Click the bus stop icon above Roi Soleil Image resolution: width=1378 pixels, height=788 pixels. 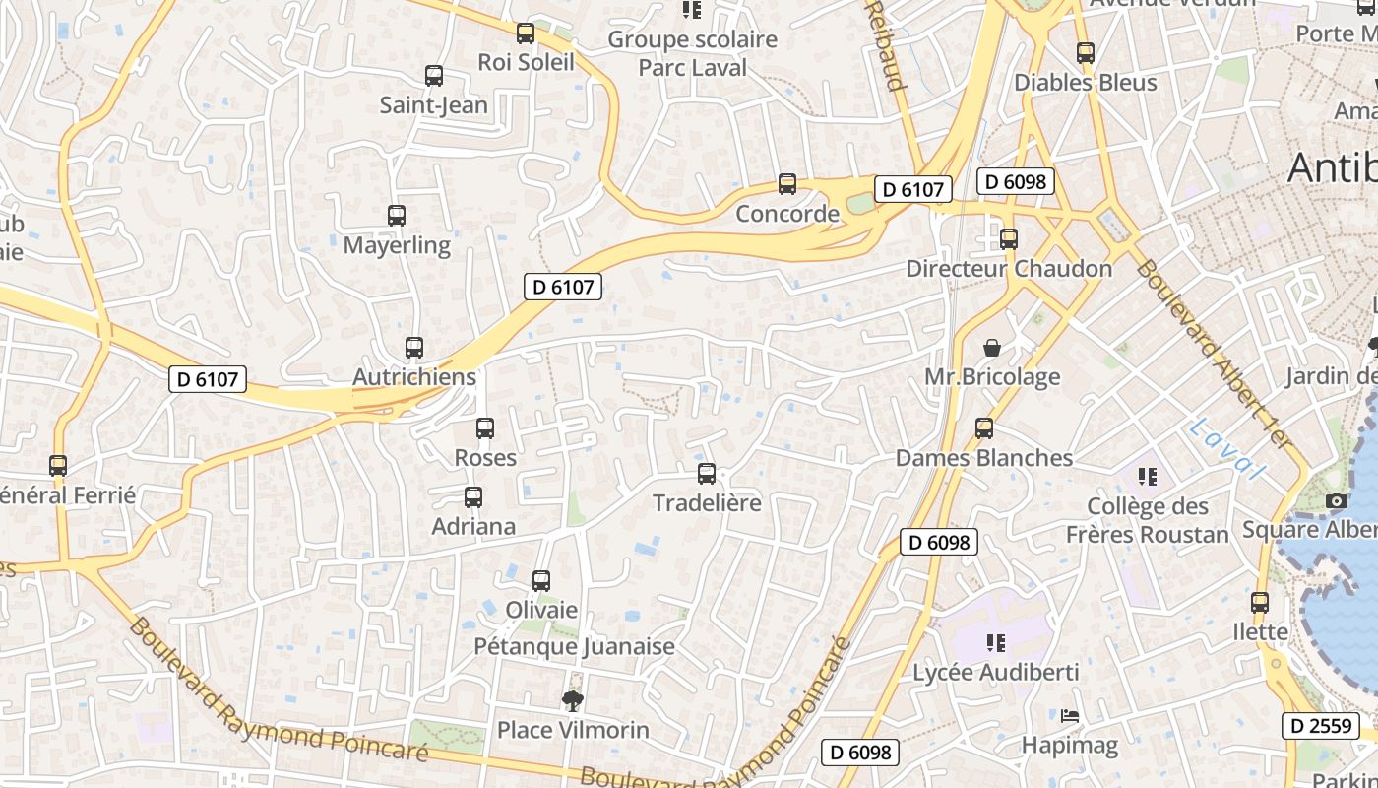(x=526, y=33)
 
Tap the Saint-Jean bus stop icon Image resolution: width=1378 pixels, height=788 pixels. (x=433, y=76)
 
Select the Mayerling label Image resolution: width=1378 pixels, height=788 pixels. (x=397, y=245)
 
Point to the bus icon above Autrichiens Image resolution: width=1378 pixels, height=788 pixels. (x=414, y=348)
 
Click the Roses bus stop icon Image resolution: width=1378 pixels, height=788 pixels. (x=485, y=428)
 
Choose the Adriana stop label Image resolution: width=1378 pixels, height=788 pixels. (x=473, y=526)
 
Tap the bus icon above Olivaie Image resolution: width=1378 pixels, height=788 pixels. (x=541, y=581)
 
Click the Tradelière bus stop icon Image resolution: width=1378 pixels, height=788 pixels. (x=707, y=474)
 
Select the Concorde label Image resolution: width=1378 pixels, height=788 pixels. (x=787, y=214)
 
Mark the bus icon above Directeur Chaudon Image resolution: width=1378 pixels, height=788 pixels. (x=1009, y=239)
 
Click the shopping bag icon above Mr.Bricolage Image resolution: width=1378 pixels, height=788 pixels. (x=992, y=348)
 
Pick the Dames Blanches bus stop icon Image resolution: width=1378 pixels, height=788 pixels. (x=984, y=428)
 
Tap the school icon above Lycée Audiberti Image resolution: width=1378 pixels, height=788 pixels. (x=996, y=643)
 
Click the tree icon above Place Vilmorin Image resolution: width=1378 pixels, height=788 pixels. (x=572, y=700)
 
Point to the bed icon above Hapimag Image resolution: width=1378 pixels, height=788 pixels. (x=1070, y=716)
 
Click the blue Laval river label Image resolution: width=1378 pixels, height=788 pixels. (x=1224, y=449)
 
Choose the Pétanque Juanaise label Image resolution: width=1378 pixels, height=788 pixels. (x=575, y=646)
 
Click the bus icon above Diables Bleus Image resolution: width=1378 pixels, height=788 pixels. (x=1086, y=53)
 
